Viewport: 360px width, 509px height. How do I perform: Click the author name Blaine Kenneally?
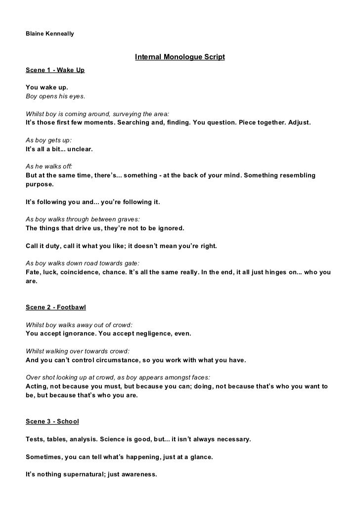[50, 34]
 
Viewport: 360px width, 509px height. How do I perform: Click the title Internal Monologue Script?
[180, 57]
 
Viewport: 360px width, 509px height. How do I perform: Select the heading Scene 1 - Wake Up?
[55, 70]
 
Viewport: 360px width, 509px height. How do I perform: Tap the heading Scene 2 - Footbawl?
[55, 307]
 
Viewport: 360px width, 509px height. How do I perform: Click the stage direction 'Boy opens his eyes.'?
[55, 96]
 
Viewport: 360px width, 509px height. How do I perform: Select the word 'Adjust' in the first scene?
[298, 122]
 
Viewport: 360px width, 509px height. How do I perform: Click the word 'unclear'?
[78, 148]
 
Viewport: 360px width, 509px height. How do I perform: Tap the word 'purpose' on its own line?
[40, 184]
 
